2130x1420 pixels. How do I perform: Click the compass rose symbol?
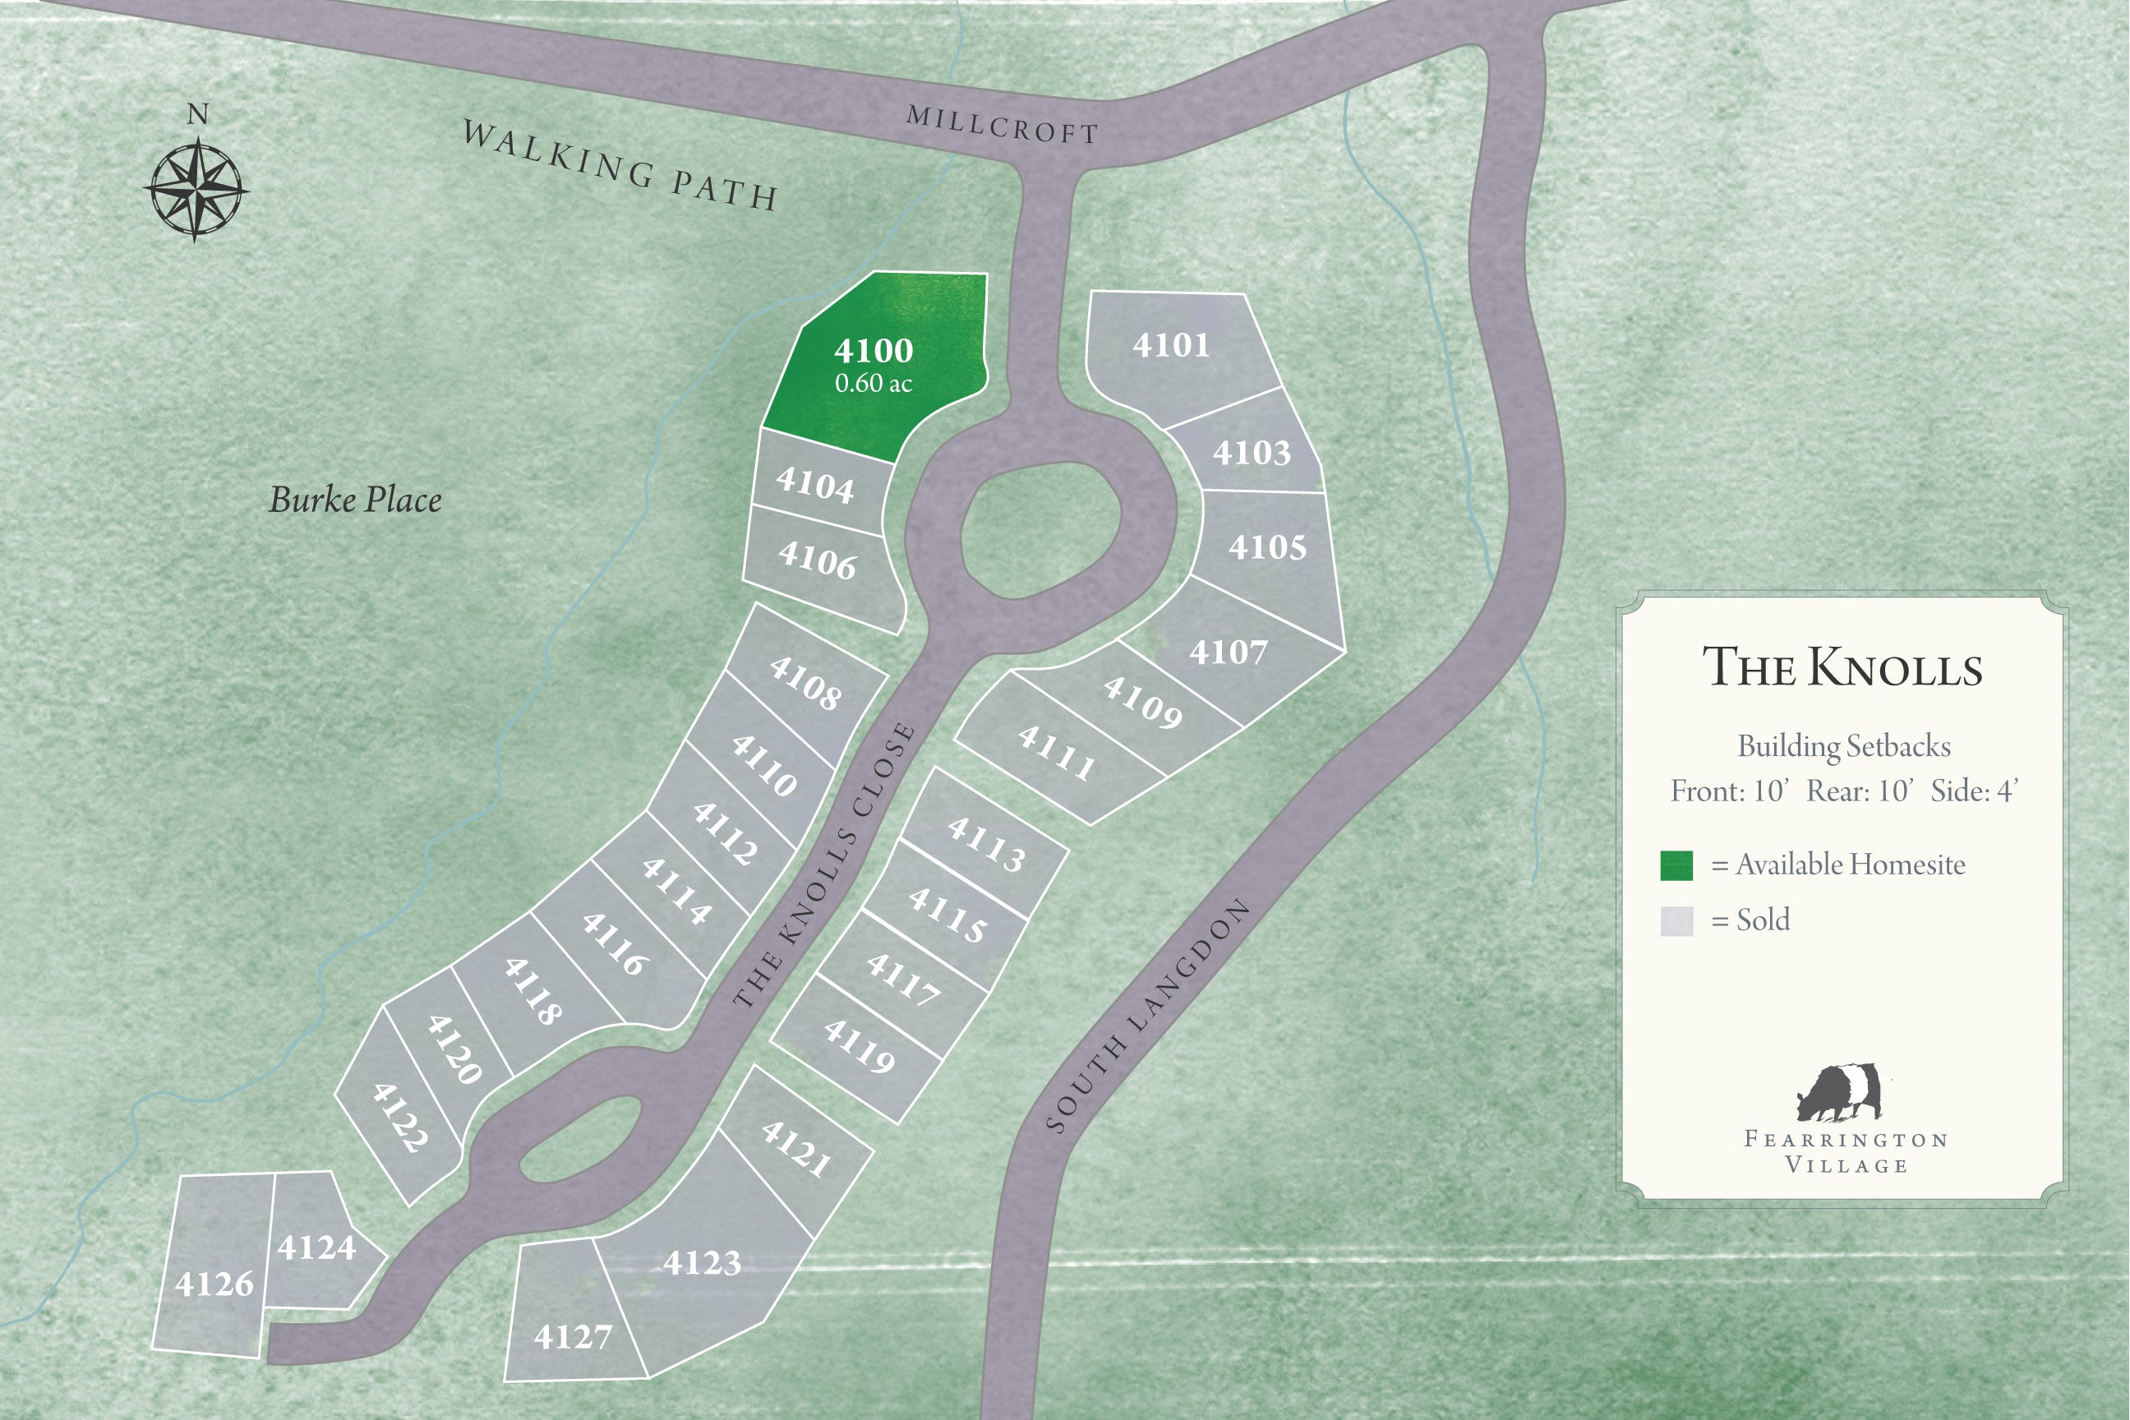(x=196, y=188)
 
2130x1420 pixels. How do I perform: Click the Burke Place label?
(x=355, y=500)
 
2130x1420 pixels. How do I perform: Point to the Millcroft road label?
(x=1002, y=124)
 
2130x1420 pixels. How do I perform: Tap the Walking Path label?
(x=620, y=166)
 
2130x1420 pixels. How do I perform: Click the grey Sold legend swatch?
(x=1676, y=921)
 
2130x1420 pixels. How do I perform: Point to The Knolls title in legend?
(x=1842, y=667)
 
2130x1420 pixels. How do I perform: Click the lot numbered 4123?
(x=702, y=1261)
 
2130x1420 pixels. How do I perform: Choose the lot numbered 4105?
(x=1267, y=547)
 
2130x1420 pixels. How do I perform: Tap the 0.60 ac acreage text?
(x=873, y=383)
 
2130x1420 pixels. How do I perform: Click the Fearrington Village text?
(x=1846, y=1151)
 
